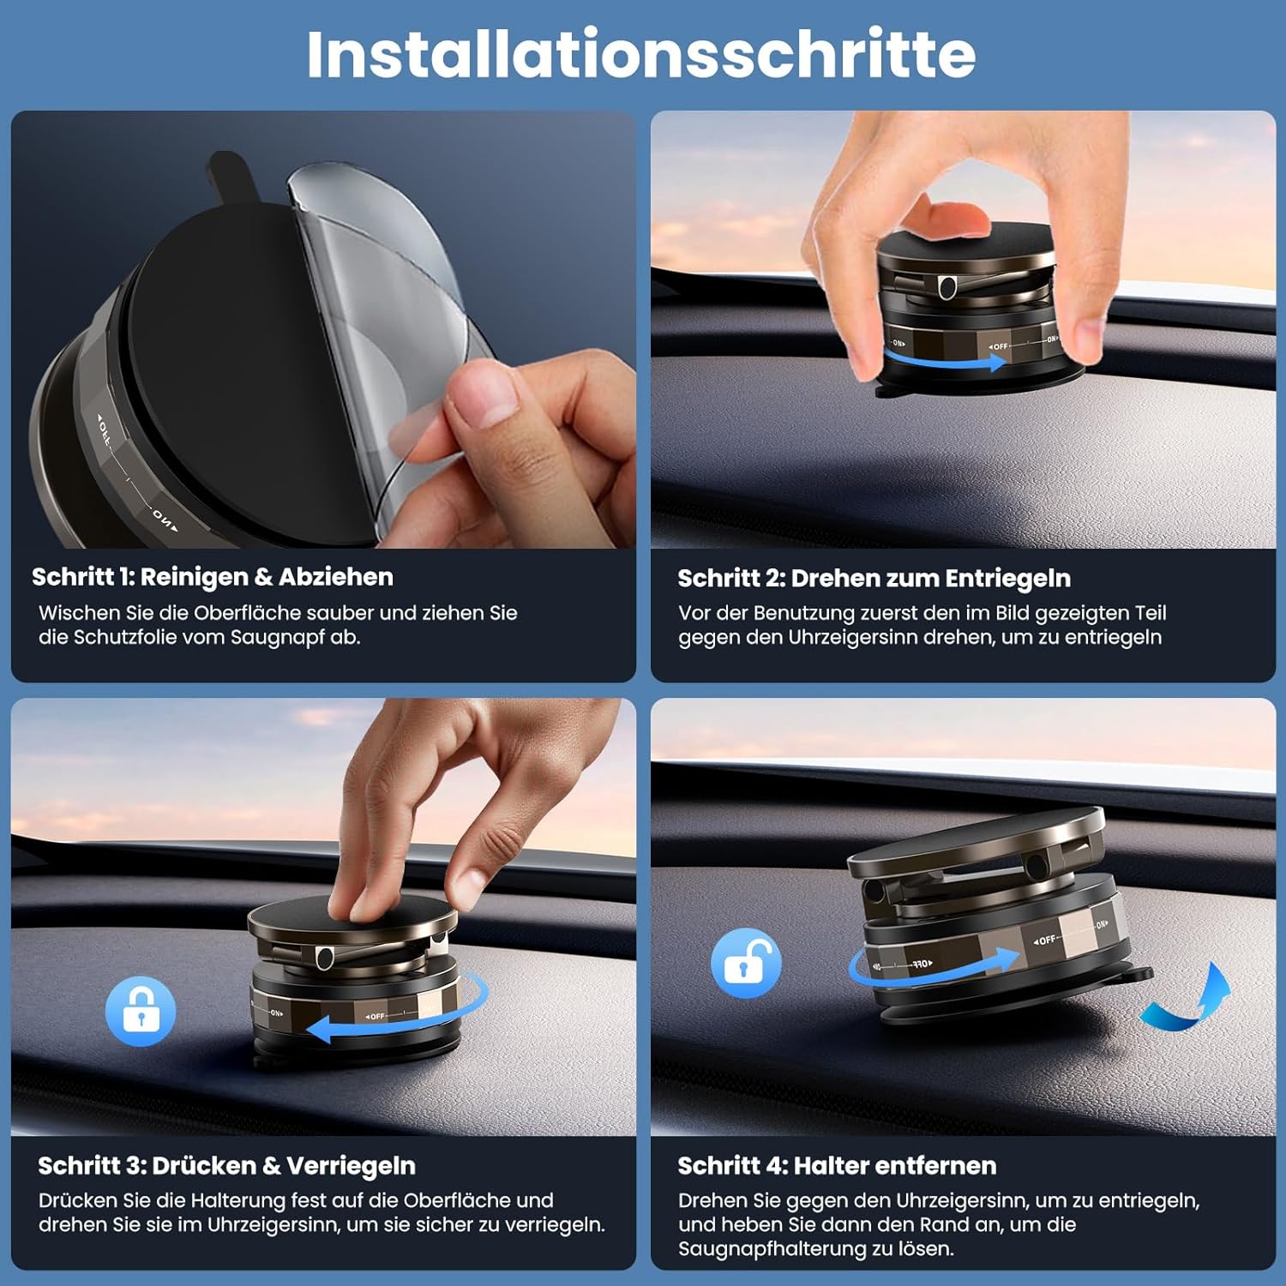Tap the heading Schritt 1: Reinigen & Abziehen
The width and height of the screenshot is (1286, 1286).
(x=213, y=577)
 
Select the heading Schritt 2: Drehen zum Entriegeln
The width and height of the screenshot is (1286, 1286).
(x=874, y=579)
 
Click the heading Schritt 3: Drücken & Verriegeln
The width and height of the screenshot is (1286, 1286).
(x=226, y=1166)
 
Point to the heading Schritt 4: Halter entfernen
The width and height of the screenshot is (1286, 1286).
(x=837, y=1166)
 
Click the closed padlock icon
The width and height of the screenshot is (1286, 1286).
(x=141, y=1011)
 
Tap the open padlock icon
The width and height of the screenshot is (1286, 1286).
(x=746, y=963)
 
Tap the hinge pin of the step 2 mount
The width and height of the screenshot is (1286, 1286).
(x=947, y=286)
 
